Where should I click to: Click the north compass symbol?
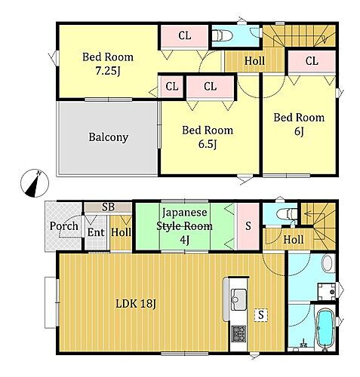click(35, 183)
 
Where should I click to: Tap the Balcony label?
click(109, 137)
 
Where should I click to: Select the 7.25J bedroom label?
click(108, 64)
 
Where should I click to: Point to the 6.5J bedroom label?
click(208, 137)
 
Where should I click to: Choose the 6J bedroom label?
click(299, 124)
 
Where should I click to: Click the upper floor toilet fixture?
click(222, 35)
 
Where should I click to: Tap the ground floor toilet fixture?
click(287, 214)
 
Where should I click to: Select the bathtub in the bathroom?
click(325, 328)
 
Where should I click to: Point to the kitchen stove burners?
click(238, 333)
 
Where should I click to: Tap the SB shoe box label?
click(109, 207)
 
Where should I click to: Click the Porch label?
click(64, 226)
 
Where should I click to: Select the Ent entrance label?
click(96, 232)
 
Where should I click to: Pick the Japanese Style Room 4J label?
click(184, 226)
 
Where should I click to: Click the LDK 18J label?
click(136, 304)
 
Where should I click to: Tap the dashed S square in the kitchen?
click(261, 314)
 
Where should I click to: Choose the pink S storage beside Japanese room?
click(248, 226)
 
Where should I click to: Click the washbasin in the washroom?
click(328, 263)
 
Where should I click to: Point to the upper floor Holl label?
click(254, 61)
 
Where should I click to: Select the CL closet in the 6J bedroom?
click(312, 61)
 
